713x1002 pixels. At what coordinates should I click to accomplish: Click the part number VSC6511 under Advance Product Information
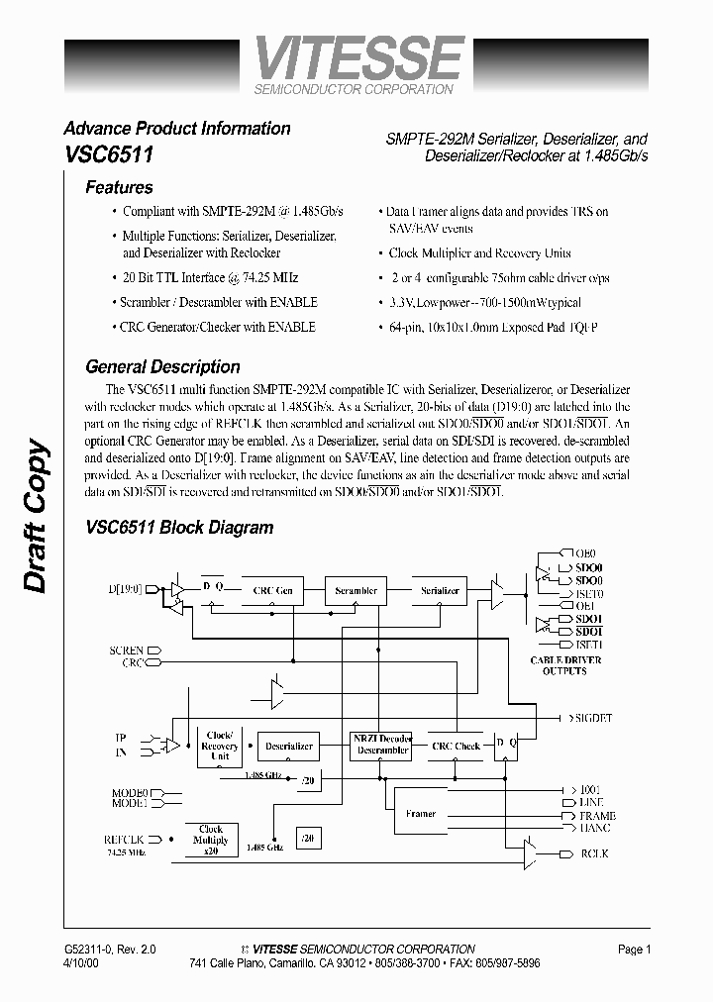(x=107, y=155)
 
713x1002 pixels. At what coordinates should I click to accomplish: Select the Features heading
(x=119, y=187)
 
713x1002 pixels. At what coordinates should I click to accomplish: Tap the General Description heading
(x=162, y=366)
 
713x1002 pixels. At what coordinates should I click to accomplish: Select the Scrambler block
(x=356, y=591)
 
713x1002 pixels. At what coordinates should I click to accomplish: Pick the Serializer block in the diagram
(x=440, y=591)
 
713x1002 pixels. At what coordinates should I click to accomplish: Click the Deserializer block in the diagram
(x=287, y=746)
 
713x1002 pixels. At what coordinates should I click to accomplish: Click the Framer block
(x=421, y=814)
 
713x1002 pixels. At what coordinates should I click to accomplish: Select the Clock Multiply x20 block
(x=211, y=841)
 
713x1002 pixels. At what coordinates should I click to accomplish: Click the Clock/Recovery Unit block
(x=220, y=746)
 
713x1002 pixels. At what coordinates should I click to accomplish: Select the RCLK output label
(x=594, y=852)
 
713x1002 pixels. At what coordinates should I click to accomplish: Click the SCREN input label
(x=127, y=651)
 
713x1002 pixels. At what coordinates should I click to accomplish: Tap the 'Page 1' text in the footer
(x=634, y=950)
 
